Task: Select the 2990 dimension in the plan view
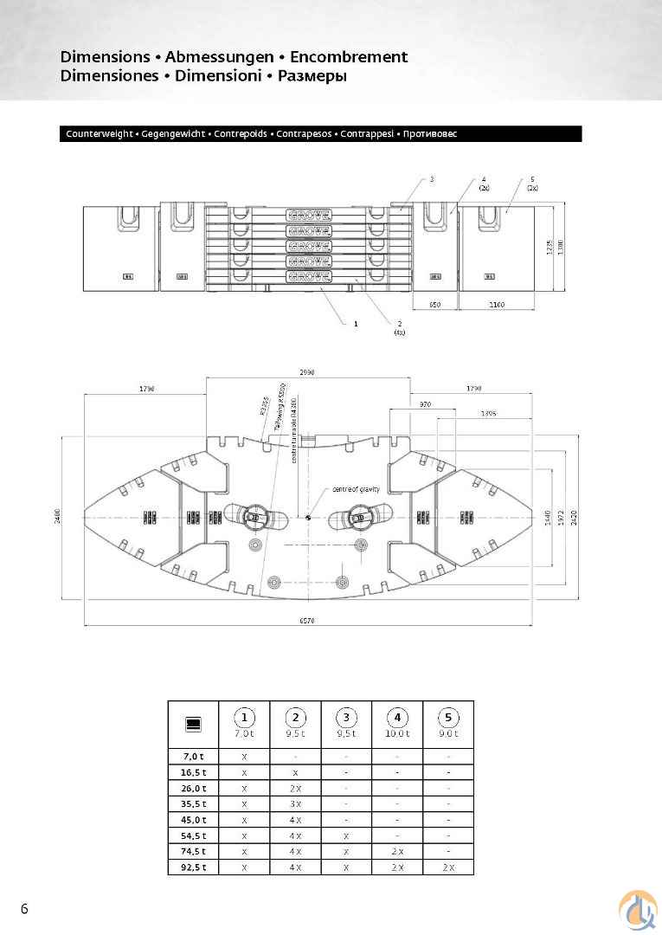coord(308,371)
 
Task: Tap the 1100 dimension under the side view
coord(496,305)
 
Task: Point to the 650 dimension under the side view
coord(434,305)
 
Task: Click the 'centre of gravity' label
coord(356,490)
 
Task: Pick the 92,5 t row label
coord(193,867)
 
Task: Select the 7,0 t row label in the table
coord(193,756)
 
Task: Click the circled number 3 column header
coord(346,718)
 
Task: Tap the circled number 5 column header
coord(448,718)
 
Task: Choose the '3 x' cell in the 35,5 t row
coord(295,803)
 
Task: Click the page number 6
coord(24,908)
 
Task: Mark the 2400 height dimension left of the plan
coord(59,518)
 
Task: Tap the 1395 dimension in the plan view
coord(488,414)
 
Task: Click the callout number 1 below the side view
coord(355,323)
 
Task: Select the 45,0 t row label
coord(193,819)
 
